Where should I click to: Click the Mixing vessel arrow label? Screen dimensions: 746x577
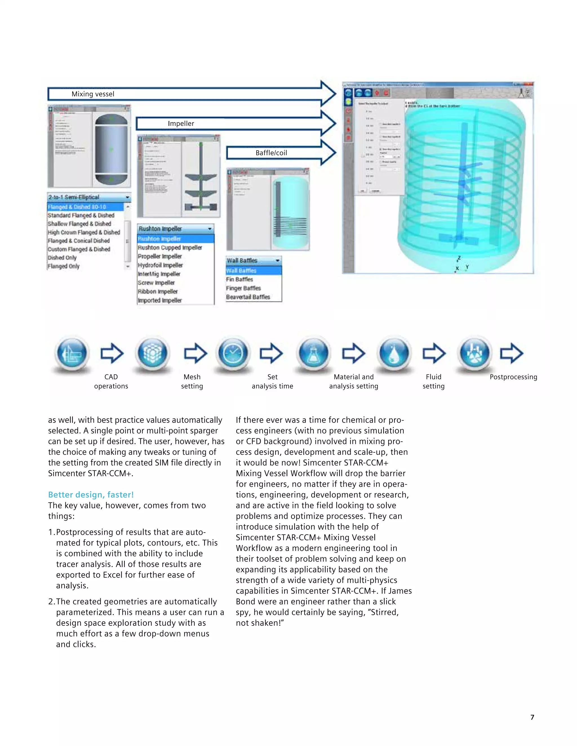[x=93, y=94]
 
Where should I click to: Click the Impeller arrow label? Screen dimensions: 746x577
[x=181, y=124]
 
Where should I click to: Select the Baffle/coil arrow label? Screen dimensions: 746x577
[x=271, y=153]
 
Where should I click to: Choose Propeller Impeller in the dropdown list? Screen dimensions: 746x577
[x=160, y=256]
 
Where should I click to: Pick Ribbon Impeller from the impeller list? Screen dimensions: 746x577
[x=157, y=292]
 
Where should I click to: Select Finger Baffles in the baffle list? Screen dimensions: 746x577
[x=243, y=288]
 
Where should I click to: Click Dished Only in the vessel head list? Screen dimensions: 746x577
[x=62, y=258]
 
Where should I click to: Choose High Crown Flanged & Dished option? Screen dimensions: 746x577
[x=84, y=233]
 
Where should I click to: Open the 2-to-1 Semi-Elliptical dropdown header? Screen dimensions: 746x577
[x=88, y=197]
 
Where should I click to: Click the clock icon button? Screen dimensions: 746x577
[x=233, y=353]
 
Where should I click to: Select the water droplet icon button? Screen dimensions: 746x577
[x=394, y=353]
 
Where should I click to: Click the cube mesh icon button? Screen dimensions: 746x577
[x=152, y=353]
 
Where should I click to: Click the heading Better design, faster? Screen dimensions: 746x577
[x=91, y=495]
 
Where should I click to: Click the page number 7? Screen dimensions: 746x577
[x=532, y=717]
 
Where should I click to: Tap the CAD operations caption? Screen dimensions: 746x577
[x=111, y=381]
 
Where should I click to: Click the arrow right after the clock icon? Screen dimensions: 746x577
[x=271, y=353]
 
